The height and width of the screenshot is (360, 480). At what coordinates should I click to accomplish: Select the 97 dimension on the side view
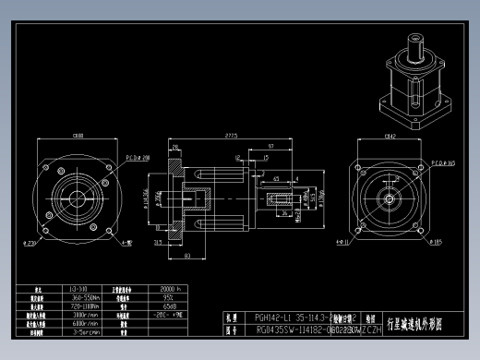[x=269, y=147]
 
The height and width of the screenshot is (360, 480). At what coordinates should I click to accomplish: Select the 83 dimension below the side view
[x=187, y=254]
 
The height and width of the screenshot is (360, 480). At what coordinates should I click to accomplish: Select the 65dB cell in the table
[x=170, y=306]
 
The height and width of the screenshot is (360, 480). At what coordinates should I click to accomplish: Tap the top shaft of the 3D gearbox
[x=411, y=42]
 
